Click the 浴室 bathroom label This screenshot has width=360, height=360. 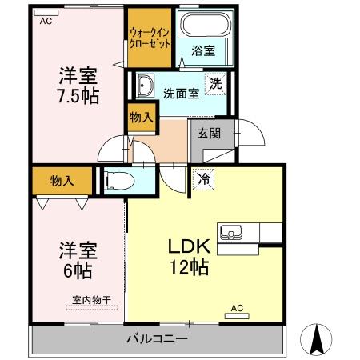tap(202, 51)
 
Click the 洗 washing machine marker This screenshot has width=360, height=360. tap(217, 82)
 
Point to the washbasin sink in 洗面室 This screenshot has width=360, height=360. tap(146, 85)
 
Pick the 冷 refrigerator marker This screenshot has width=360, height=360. tap(206, 180)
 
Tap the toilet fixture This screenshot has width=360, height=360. tap(119, 179)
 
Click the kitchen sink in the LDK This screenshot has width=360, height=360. tap(233, 233)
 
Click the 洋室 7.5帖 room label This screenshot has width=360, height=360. tap(77, 86)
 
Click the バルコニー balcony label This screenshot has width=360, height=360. tap(158, 339)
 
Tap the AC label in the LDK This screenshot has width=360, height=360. tap(237, 307)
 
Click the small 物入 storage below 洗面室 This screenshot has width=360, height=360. tap(142, 118)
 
